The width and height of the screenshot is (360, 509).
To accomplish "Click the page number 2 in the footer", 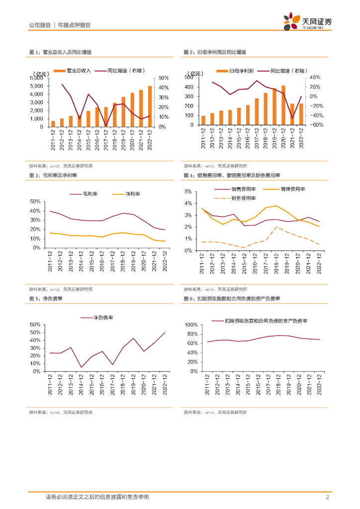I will [x=328, y=497].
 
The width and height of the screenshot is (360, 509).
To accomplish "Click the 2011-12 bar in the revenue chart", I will [x=53, y=124].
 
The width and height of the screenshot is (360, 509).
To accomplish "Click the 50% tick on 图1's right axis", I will [x=164, y=78].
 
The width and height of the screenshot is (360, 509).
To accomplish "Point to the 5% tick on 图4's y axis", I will [x=188, y=191].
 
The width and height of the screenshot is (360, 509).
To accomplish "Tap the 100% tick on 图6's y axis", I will [x=191, y=325].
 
